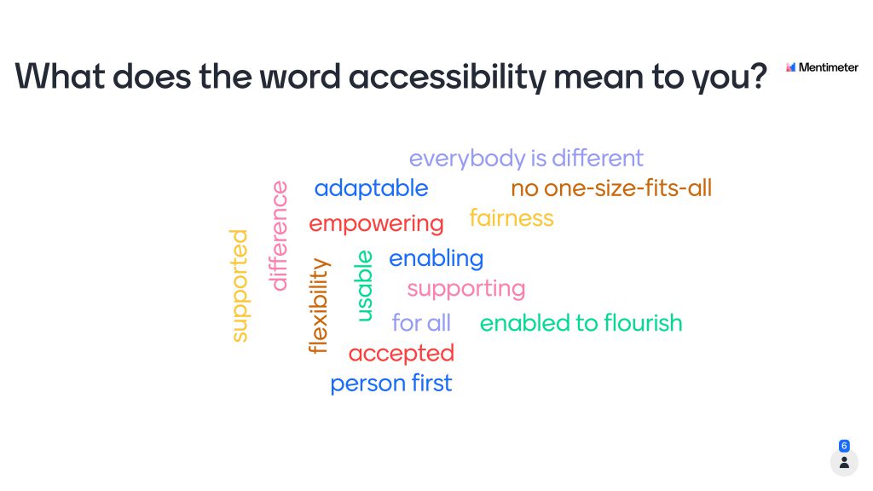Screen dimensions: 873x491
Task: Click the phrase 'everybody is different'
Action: coord(526,159)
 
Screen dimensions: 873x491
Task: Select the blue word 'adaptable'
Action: coord(372,188)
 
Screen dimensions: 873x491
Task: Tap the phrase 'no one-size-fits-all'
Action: coord(611,188)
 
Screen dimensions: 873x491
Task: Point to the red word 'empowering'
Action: coord(376,224)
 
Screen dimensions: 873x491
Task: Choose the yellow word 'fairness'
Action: coord(512,217)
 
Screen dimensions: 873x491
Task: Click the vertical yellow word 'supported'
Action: coord(240,286)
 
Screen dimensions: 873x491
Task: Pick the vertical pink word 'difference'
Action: coord(279,236)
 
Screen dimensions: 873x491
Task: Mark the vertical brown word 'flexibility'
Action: coord(319,306)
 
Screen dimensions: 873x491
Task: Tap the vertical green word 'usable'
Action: coord(363,286)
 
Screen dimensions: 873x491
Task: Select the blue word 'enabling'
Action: coord(436,259)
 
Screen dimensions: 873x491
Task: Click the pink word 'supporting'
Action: coord(466,289)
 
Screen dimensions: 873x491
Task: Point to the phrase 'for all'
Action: coord(421,323)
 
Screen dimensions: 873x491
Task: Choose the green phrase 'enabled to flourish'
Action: coord(581,323)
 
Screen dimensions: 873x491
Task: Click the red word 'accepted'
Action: coord(402,354)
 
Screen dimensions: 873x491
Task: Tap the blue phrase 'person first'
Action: coord(390,384)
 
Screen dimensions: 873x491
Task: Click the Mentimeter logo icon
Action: coord(790,67)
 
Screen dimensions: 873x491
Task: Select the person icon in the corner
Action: coord(844,463)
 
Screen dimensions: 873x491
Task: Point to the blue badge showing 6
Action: coord(844,446)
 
